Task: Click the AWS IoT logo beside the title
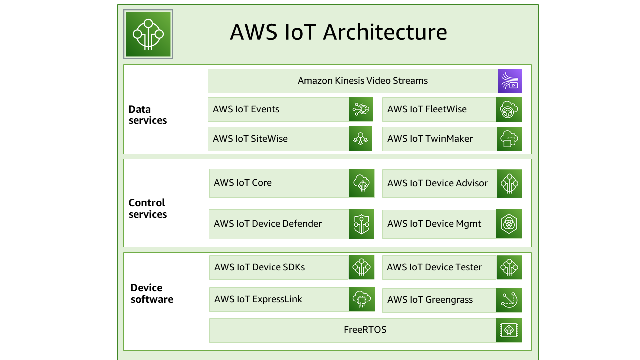click(148, 34)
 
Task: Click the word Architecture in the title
click(385, 32)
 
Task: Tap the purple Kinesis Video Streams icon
click(509, 81)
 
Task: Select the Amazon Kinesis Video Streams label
click(363, 81)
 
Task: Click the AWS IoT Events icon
click(361, 109)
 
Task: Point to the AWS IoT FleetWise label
click(427, 109)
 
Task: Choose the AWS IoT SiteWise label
click(250, 139)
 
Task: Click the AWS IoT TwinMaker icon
click(509, 139)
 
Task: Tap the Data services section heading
click(147, 115)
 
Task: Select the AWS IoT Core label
click(243, 183)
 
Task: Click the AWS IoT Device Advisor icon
click(509, 183)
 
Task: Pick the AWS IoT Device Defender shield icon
click(361, 224)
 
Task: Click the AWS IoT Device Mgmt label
click(434, 224)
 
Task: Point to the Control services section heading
click(147, 208)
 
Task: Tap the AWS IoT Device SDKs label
click(259, 267)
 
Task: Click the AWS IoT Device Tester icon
click(509, 267)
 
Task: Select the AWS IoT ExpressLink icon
click(361, 299)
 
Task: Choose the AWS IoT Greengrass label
click(430, 300)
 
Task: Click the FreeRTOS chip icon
click(509, 330)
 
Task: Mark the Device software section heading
click(152, 293)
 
